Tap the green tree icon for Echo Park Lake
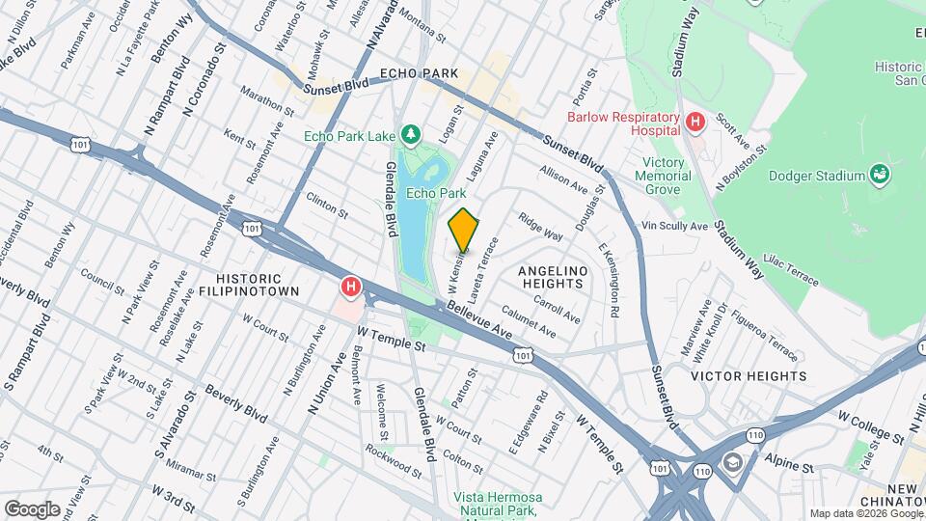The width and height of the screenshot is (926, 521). (412, 131)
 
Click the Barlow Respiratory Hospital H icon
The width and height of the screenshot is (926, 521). (694, 123)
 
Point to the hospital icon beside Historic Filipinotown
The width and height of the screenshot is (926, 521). (351, 287)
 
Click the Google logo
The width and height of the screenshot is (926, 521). (32, 509)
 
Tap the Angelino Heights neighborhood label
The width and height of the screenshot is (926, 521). (553, 277)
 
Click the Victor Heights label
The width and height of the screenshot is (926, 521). (749, 376)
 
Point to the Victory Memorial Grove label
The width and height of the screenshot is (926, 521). (664, 176)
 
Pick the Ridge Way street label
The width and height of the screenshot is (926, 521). (540, 228)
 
